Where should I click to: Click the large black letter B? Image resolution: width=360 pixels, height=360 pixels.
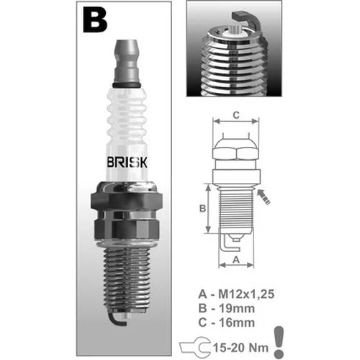click(95, 19)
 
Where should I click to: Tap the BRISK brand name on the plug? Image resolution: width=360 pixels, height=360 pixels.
click(127, 163)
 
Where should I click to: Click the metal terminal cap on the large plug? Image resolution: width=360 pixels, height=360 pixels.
click(126, 61)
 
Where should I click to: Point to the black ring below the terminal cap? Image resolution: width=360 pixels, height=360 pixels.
click(126, 85)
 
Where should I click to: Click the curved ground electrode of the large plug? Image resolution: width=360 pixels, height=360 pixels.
click(117, 319)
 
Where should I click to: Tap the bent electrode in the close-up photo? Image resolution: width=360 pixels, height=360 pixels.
click(247, 19)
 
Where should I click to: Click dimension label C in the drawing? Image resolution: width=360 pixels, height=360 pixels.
click(236, 115)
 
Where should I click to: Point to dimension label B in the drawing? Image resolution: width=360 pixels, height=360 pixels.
click(202, 208)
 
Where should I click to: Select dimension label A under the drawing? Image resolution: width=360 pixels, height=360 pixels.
click(236, 259)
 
